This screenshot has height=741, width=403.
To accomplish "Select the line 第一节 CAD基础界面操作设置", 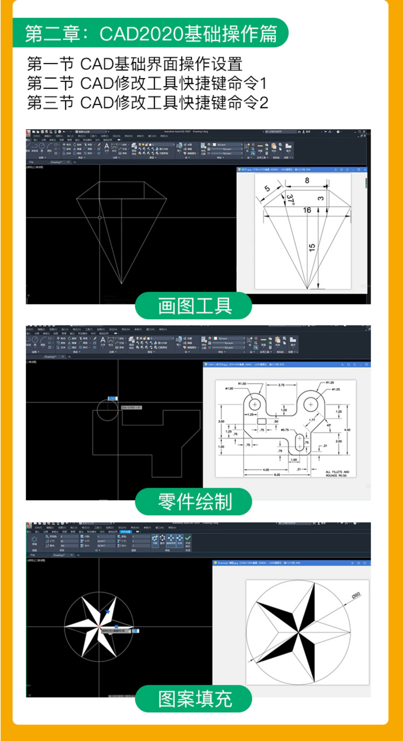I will (134, 64).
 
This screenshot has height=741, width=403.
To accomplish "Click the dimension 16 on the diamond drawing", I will (307, 210).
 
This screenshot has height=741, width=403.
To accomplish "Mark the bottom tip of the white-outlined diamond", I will (122, 284).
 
